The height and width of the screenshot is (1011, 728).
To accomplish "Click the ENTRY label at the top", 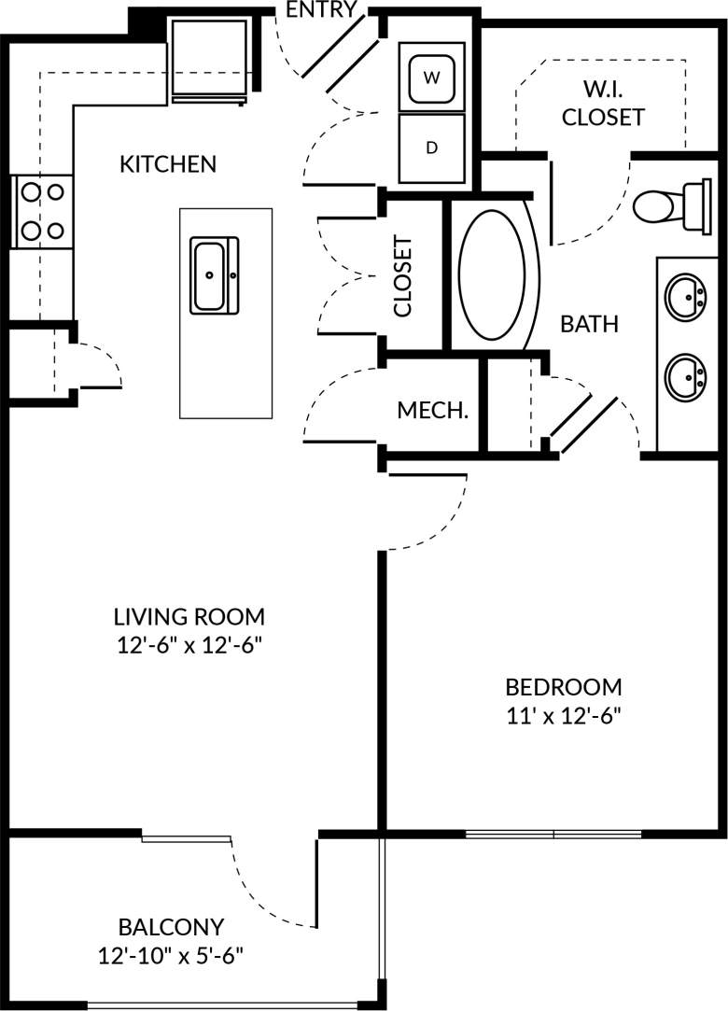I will click(x=321, y=10).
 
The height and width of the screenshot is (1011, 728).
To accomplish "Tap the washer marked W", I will click(x=431, y=77).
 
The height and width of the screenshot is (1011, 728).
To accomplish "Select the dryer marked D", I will click(x=431, y=147).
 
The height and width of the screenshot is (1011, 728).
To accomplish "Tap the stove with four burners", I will click(x=42, y=211).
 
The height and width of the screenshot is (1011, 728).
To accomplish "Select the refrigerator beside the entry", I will click(x=209, y=59).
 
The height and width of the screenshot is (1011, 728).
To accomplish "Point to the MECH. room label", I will click(x=432, y=411).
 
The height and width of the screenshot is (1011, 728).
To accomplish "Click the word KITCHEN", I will click(x=168, y=164).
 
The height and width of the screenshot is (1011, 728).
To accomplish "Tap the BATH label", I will click(x=589, y=325).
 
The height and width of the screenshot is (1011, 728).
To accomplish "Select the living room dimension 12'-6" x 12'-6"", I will click(x=189, y=645).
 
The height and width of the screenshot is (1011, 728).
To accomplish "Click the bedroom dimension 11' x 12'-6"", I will click(x=563, y=716).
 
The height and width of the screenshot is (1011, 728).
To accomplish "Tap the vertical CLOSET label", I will click(x=403, y=276).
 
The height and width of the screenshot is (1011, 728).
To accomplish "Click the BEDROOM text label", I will click(x=563, y=688).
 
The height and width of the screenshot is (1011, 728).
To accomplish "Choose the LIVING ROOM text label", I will click(x=189, y=617).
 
